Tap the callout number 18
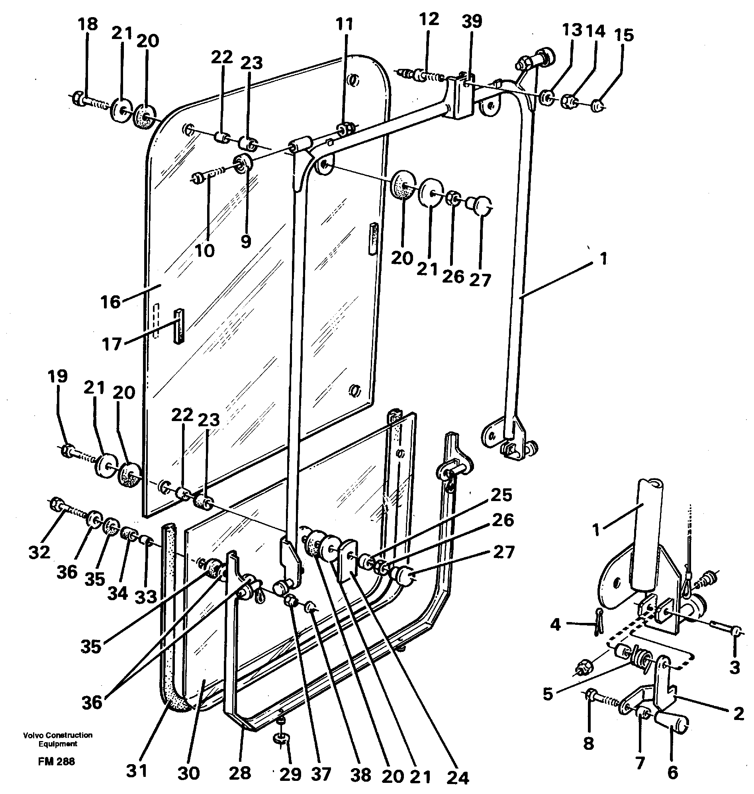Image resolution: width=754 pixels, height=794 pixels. [88, 24]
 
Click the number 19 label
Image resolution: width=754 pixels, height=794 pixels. [57, 377]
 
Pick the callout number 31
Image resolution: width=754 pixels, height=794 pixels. [137, 771]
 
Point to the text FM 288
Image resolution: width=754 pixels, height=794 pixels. [57, 761]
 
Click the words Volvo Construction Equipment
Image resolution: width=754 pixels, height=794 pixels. [57, 739]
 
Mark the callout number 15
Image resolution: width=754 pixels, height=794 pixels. [624, 35]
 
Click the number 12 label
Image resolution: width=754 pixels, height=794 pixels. [429, 19]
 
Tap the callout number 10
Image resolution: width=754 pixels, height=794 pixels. [205, 251]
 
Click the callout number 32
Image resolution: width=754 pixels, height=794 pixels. [39, 552]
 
